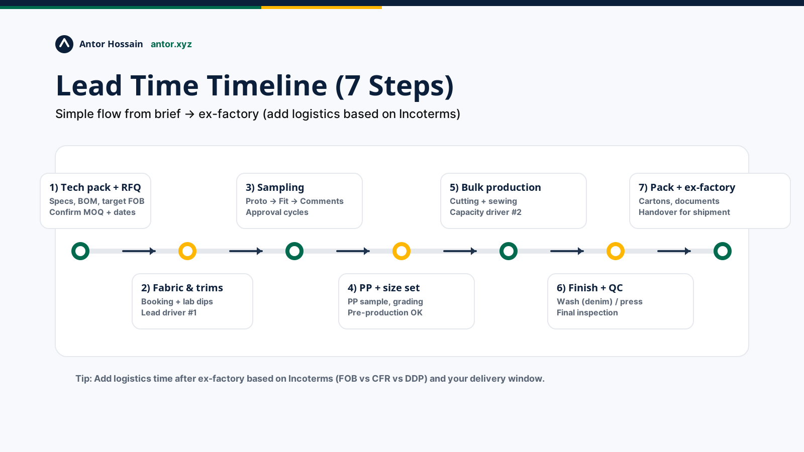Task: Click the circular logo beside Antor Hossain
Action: point(64,44)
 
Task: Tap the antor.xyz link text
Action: point(171,44)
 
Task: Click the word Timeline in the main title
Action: point(267,86)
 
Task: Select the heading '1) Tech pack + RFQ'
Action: point(95,187)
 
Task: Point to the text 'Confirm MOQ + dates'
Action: point(92,212)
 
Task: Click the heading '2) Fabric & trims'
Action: point(182,288)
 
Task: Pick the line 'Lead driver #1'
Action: point(169,313)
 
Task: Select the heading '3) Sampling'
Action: point(275,187)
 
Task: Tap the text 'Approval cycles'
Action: point(277,212)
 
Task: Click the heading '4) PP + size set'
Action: point(383,288)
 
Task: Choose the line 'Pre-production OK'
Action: point(385,313)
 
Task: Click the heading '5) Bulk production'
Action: point(495,187)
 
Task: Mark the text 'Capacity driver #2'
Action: point(485,212)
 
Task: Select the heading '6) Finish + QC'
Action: point(589,288)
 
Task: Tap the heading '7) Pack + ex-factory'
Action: point(686,187)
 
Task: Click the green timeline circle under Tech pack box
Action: point(80,251)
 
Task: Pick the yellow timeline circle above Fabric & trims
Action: point(187,251)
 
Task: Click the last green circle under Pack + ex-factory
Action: point(723,251)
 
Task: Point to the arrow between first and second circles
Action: point(139,251)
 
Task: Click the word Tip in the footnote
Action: point(83,379)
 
